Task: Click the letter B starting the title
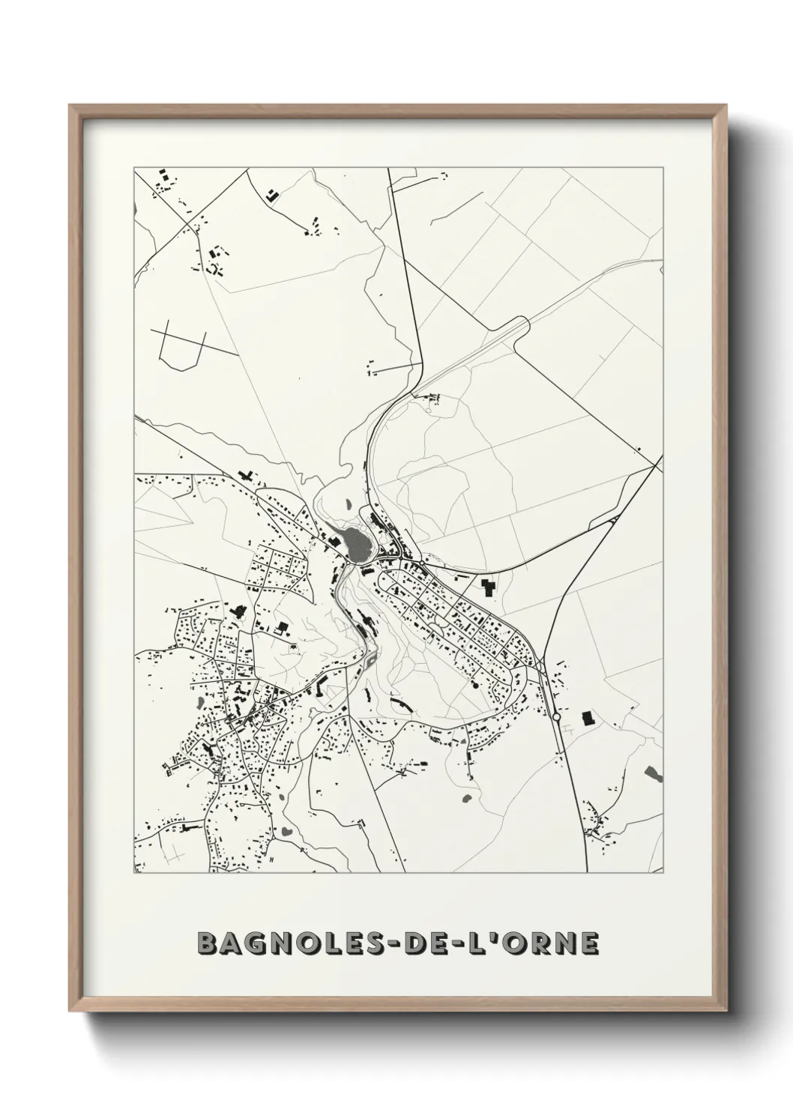tap(208, 943)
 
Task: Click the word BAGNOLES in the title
tap(301, 943)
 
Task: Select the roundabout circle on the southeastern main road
tap(555, 716)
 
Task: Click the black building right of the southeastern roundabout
tap(587, 717)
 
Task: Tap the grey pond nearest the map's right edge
tap(653, 773)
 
